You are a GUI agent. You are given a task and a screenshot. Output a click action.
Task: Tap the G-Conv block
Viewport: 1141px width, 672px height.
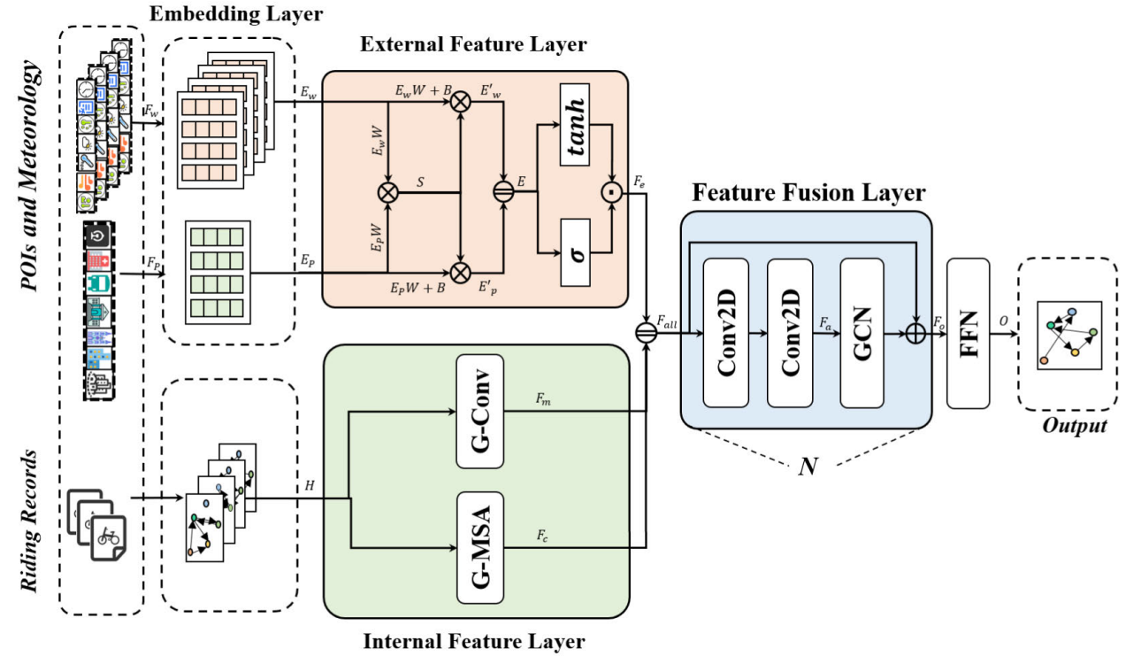[x=480, y=411]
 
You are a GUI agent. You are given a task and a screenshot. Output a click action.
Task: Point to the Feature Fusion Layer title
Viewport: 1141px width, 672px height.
[x=808, y=193]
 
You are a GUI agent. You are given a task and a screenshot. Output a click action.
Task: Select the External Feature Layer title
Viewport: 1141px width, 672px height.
[x=476, y=43]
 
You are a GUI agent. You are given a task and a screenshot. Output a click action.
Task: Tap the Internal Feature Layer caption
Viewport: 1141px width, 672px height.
[x=474, y=641]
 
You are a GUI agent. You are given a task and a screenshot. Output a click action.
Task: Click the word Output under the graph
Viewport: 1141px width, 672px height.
[x=1074, y=426]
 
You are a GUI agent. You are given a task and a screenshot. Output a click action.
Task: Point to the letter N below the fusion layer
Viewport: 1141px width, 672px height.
[x=807, y=467]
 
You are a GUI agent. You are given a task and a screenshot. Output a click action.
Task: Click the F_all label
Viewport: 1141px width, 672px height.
[x=666, y=325]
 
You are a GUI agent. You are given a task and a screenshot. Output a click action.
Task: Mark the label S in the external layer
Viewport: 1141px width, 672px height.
[x=422, y=181]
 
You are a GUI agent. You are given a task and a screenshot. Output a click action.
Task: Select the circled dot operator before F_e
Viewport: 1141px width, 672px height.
[x=609, y=189]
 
